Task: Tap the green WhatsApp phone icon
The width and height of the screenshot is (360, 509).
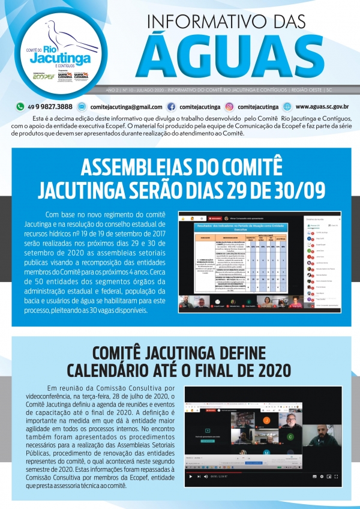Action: point(20,106)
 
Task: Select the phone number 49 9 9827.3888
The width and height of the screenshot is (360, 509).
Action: point(49,106)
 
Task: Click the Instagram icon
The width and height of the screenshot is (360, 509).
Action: point(230,106)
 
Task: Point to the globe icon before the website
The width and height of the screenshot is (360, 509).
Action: point(287,106)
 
